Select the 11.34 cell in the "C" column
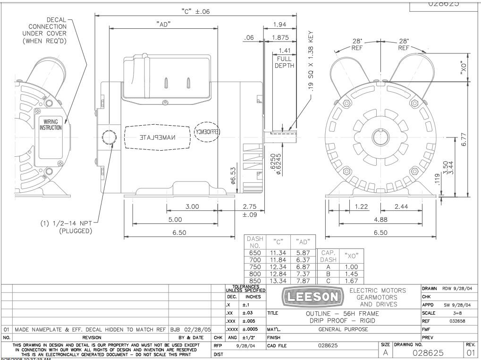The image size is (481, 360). [278, 253]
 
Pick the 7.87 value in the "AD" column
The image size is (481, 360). [302, 280]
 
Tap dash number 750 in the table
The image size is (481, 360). [255, 266]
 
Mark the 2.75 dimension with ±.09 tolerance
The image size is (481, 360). [249, 210]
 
